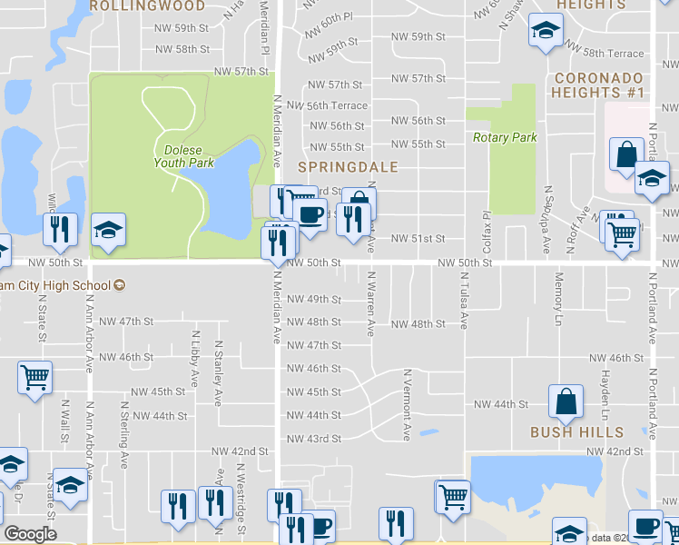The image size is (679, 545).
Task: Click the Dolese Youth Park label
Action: point(188,156)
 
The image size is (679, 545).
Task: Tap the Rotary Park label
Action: point(505,138)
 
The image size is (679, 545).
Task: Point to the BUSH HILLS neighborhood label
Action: point(577,432)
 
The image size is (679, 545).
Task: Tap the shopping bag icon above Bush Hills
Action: point(566,401)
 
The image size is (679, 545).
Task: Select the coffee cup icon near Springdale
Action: point(310,215)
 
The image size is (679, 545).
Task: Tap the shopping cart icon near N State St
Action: point(35,377)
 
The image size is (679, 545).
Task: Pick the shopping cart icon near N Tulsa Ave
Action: point(452,496)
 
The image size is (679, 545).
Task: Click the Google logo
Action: point(30,534)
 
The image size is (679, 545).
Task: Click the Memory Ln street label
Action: point(558,298)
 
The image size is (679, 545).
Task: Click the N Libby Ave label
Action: point(194,358)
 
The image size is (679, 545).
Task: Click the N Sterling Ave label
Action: point(122,417)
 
